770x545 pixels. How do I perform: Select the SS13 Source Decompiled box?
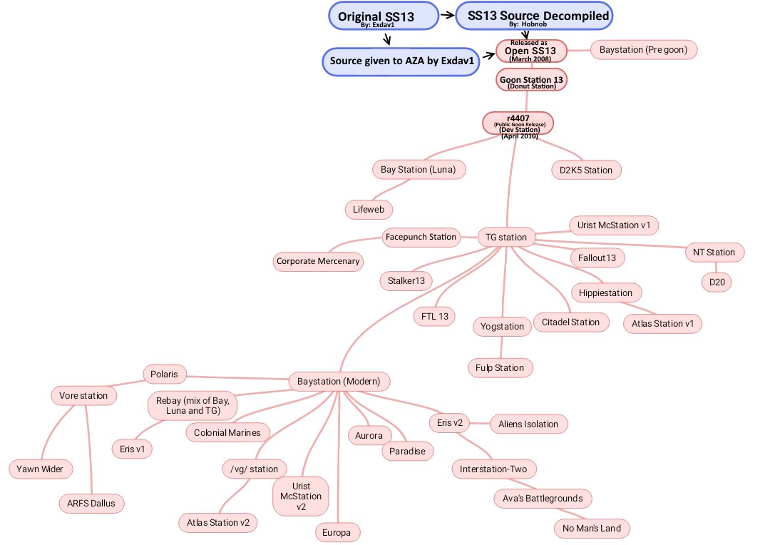point(533,16)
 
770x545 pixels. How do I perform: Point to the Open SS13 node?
point(530,51)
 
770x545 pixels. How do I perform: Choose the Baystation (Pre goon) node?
point(643,50)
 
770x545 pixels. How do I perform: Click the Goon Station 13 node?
point(532,81)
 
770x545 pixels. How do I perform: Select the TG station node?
point(506,237)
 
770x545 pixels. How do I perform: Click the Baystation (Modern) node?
point(339,382)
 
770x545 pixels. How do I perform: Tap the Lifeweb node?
point(368,210)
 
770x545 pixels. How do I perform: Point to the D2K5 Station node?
point(586,170)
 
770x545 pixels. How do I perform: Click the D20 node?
point(715,282)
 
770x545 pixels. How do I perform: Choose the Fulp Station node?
point(500,368)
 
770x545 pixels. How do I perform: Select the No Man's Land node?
point(592,529)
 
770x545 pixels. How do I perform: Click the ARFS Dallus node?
point(91,503)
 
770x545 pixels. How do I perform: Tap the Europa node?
point(338,532)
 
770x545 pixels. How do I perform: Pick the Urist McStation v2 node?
point(301,496)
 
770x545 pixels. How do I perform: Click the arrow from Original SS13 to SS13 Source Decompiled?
point(446,14)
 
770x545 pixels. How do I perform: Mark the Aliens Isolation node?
point(529,424)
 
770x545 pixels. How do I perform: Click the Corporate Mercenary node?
point(318,262)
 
